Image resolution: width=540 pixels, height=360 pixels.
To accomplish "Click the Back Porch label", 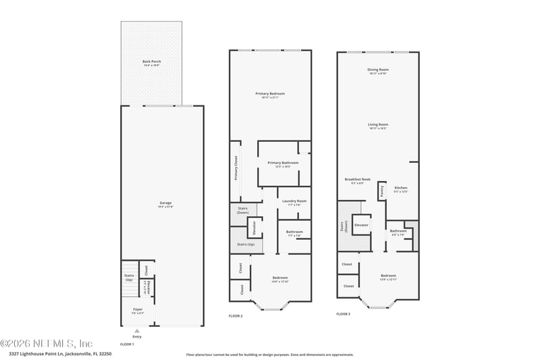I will point(151,62).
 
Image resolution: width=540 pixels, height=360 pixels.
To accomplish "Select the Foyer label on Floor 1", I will point(137,310).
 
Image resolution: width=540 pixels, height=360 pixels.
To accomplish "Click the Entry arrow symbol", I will point(137,331).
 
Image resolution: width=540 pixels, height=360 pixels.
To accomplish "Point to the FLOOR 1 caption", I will point(127,344).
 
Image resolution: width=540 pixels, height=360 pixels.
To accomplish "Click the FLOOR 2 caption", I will point(236,316).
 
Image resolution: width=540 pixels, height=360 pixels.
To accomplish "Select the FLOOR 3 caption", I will point(344,314).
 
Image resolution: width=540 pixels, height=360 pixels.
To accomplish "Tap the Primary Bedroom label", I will point(270,94).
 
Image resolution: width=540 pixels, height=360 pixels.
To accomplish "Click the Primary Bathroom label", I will point(283,163).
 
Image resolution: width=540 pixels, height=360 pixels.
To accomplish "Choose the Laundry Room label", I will point(294,201).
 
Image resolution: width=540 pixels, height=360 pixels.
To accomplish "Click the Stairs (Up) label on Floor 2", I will point(246,245).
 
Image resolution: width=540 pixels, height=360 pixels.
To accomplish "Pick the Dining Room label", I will point(378,70).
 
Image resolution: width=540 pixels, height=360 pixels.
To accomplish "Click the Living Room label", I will point(378,125).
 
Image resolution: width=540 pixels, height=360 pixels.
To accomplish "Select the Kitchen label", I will point(401,188).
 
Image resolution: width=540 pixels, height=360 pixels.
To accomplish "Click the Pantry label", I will point(381,190).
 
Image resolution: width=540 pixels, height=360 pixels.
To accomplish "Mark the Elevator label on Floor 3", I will point(361,225).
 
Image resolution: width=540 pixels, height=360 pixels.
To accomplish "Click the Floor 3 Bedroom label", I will point(388,276).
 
